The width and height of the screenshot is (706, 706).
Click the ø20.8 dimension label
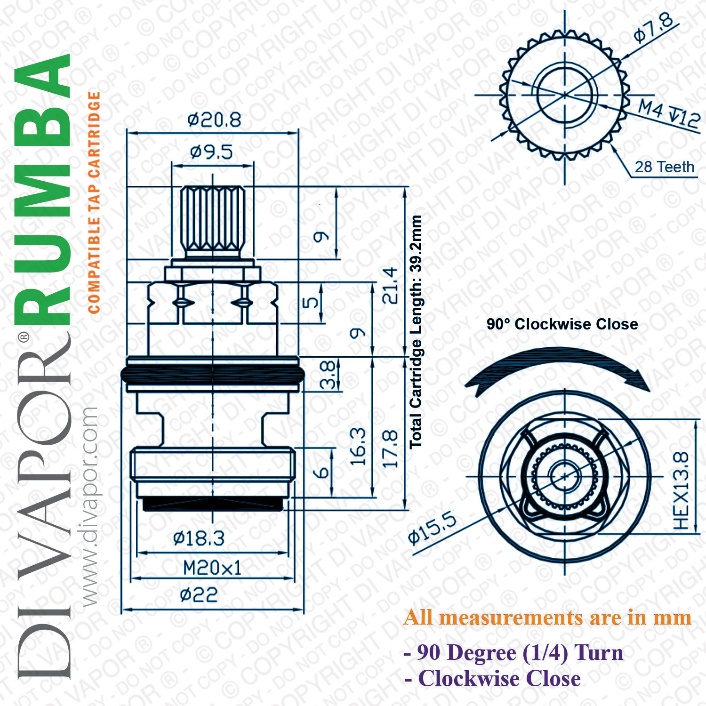pos(214,120)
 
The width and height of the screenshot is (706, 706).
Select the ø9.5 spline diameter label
pos(211,152)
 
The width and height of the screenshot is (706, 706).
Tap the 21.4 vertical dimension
pos(390,285)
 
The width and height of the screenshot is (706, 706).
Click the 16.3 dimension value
pos(358,447)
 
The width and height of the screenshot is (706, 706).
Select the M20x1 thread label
pos(212,568)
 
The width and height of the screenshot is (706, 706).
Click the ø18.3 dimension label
pos(199,538)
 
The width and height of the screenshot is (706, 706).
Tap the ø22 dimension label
pos(199,595)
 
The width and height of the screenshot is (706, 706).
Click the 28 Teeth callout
pos(664,167)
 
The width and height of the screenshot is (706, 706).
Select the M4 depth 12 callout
pos(669,113)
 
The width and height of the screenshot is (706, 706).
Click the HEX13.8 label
pos(681,490)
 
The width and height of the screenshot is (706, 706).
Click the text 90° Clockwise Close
pos(562,324)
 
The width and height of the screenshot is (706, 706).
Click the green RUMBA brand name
pos(42,188)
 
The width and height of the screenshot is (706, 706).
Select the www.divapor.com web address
pos(89,506)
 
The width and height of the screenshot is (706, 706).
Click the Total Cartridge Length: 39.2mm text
pos(416,332)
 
